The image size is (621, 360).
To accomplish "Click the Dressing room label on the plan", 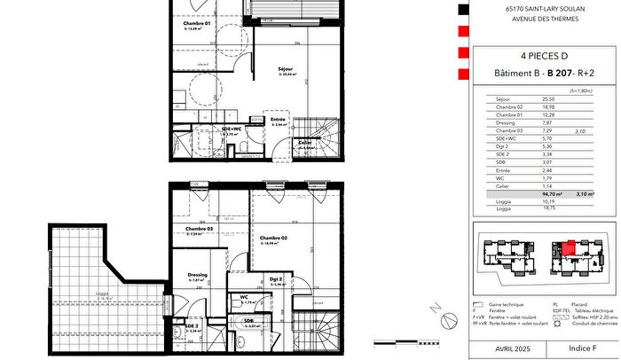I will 198,275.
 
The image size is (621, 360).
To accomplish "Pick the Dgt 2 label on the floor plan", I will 275,279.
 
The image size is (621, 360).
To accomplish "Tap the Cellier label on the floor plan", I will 304,142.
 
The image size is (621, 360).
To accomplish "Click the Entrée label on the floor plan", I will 278,120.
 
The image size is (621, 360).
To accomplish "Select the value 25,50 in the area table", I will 549,99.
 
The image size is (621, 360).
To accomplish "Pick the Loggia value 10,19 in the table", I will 549,201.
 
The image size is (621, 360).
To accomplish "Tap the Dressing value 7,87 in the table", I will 549,124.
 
